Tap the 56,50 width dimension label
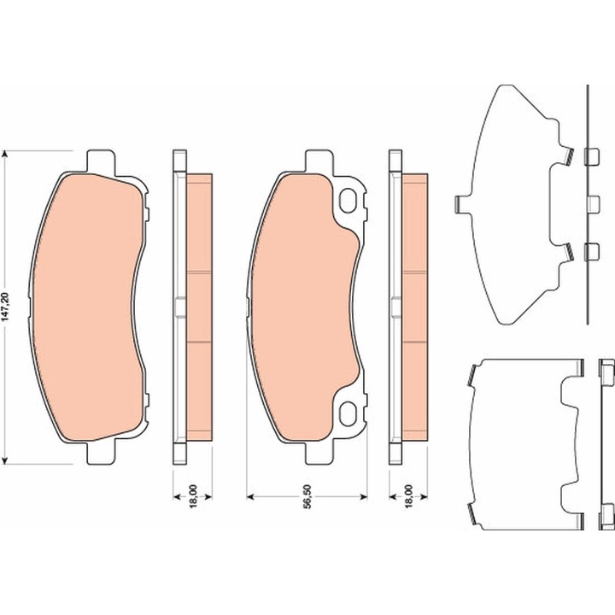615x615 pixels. [307, 496]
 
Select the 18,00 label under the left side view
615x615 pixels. [193, 496]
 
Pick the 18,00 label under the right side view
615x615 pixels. [409, 496]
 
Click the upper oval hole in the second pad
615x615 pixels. [348, 201]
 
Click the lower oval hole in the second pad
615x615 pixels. [348, 413]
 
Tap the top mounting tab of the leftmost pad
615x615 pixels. [101, 162]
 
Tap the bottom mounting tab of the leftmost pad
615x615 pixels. [101, 452]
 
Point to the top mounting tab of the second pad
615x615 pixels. [319, 162]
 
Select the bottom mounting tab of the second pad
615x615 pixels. [319, 452]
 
